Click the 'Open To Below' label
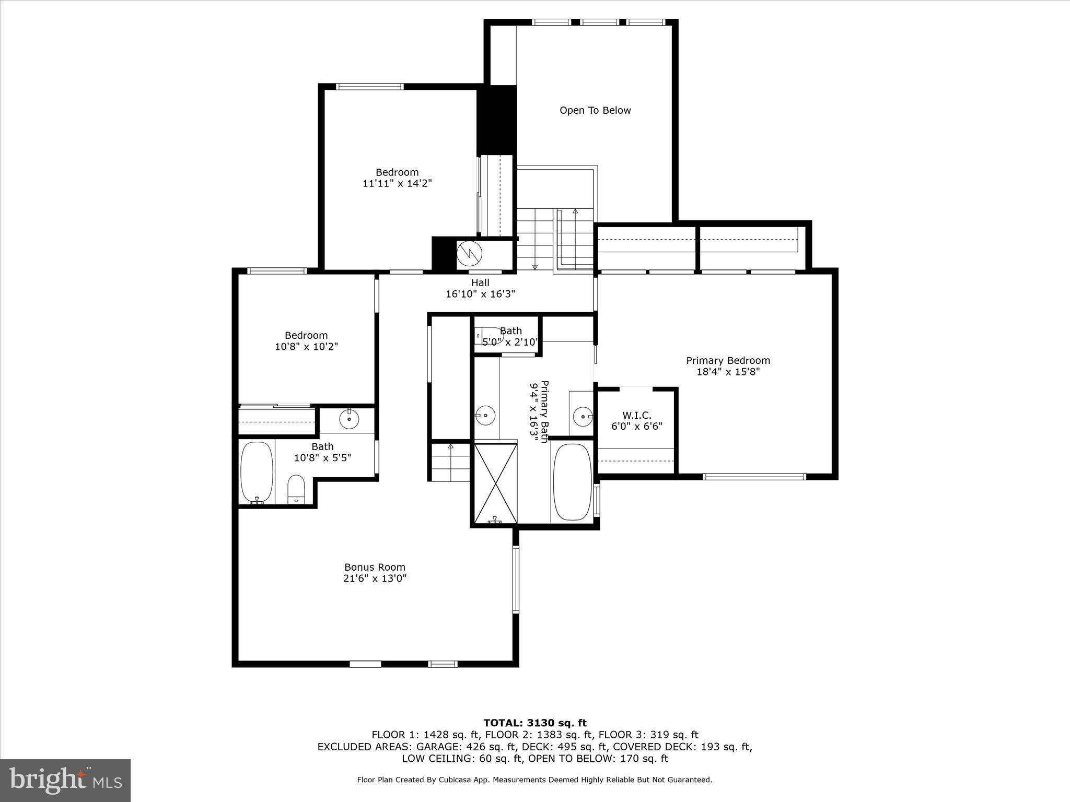[x=595, y=110]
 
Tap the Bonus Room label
[x=375, y=567]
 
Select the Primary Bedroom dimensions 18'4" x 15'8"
[x=728, y=372]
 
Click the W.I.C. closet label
[x=637, y=415]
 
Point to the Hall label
[x=480, y=282]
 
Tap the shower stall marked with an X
[x=495, y=482]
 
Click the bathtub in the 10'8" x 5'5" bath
[x=257, y=473]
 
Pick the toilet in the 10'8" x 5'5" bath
[x=296, y=489]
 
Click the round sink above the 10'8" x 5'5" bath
[x=348, y=418]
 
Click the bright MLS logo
[x=65, y=780]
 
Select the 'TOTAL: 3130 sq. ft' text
[x=534, y=723]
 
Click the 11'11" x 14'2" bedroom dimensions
[x=397, y=184]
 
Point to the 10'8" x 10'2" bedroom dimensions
[x=307, y=347]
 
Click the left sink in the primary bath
[x=485, y=416]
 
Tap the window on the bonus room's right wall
[x=516, y=579]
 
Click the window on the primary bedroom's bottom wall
[x=754, y=476]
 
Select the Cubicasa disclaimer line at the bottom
[x=534, y=780]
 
